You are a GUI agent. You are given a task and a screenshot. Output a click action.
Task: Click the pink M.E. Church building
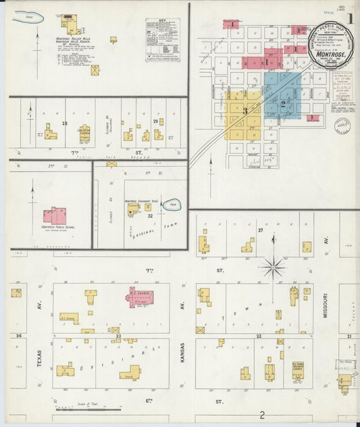[x=140, y=297]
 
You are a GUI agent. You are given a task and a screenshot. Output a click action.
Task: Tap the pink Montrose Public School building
[x=55, y=216]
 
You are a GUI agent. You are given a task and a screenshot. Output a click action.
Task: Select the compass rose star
[x=273, y=268]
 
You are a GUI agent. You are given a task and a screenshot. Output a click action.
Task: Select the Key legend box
[x=163, y=41]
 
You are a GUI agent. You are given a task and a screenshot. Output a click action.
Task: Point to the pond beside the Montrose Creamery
[x=170, y=203]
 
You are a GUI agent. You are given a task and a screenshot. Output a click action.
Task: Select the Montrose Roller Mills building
[x=68, y=22]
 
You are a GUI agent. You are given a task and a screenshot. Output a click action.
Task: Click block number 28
[x=65, y=123]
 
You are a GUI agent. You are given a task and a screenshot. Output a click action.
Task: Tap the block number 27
[x=259, y=230]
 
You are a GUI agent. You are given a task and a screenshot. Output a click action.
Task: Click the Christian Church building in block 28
[x=84, y=132]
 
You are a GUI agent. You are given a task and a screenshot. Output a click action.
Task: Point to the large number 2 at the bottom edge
[x=261, y=416]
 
